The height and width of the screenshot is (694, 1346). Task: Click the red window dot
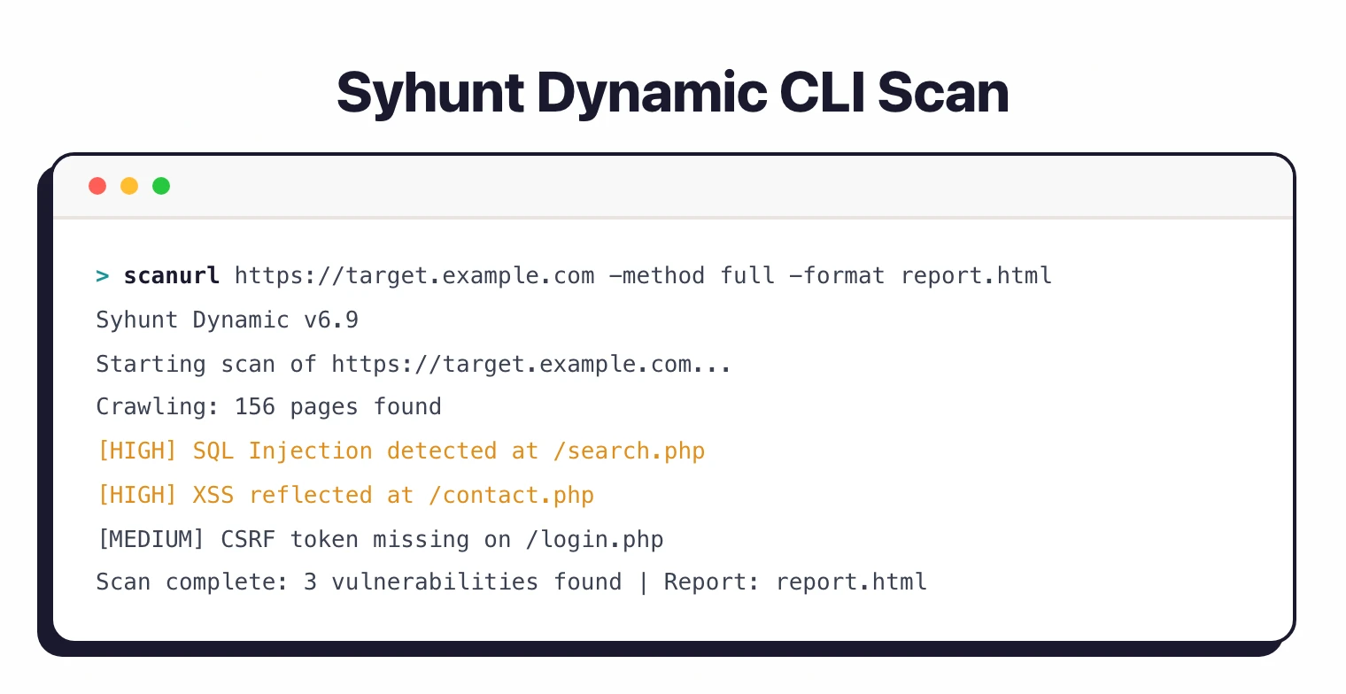97,186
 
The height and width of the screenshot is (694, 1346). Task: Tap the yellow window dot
129,186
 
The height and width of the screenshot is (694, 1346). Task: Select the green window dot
161,186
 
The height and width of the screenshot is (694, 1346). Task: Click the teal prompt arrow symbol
103,276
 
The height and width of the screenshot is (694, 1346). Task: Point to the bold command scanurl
172,275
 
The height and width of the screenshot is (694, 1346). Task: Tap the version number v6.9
331,320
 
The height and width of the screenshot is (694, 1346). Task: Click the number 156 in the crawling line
255,407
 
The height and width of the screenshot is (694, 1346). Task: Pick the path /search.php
629,451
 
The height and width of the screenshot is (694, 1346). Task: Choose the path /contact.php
511,495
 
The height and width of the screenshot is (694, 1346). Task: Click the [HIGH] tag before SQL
137,451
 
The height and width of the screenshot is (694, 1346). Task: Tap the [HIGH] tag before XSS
137,495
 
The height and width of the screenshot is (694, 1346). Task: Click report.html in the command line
976,275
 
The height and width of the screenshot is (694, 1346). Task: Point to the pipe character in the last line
643,582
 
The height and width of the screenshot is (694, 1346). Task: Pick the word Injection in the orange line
310,451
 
